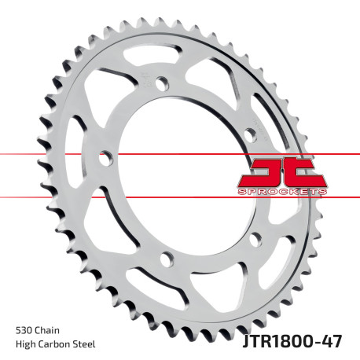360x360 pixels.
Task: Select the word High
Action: (27, 344)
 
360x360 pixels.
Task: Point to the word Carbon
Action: (58, 344)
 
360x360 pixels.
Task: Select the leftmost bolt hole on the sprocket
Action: (103, 157)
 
